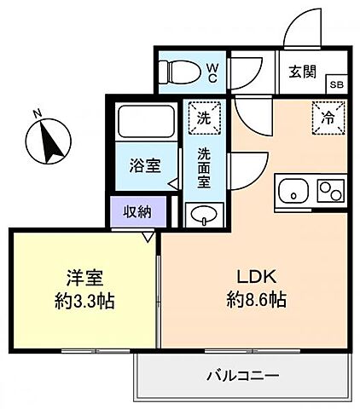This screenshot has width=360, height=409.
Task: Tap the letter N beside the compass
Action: point(38,112)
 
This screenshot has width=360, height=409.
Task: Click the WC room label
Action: point(213,72)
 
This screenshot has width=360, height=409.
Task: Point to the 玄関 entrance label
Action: point(302,70)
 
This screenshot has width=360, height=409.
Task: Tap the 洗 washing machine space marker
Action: point(205,118)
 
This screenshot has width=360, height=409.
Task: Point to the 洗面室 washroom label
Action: point(205,168)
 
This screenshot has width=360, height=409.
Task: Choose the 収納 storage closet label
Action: point(135,211)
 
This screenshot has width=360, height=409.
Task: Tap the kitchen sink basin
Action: point(293,189)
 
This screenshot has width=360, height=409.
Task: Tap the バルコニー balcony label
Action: point(243,375)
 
